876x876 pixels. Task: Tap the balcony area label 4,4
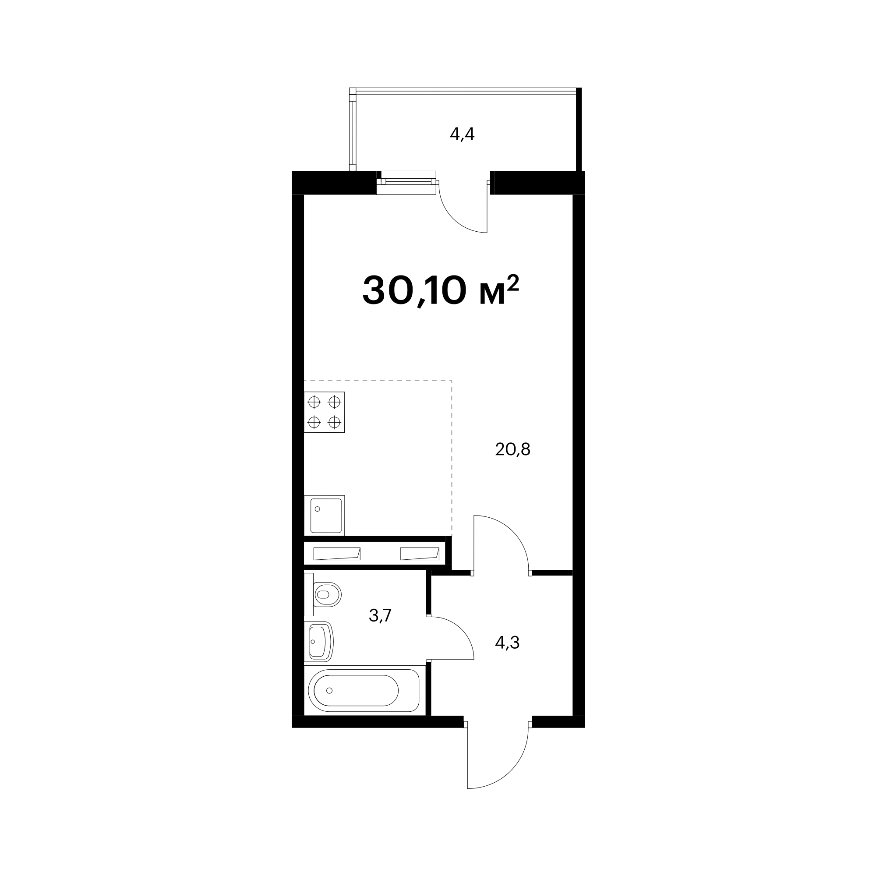point(462,134)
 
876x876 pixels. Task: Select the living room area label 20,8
point(513,449)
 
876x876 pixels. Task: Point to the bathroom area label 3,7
point(380,616)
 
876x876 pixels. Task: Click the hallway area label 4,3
point(507,643)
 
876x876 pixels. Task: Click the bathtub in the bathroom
point(364,691)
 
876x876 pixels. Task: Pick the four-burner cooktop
point(324,412)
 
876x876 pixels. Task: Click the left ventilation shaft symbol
point(337,554)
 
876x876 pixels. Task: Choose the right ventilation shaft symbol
point(420,554)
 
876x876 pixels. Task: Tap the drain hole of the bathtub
point(330,691)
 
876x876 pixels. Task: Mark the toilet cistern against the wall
point(309,594)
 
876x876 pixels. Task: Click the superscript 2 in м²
point(513,284)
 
